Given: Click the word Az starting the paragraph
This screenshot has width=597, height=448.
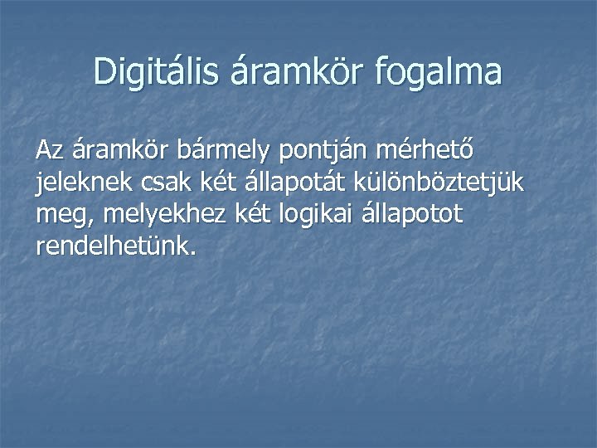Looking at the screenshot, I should [x=50, y=151].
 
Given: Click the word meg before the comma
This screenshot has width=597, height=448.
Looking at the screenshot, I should [x=59, y=216].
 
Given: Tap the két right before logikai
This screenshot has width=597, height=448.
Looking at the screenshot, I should [x=235, y=214].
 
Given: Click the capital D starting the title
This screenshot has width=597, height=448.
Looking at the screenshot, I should [x=104, y=71].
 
